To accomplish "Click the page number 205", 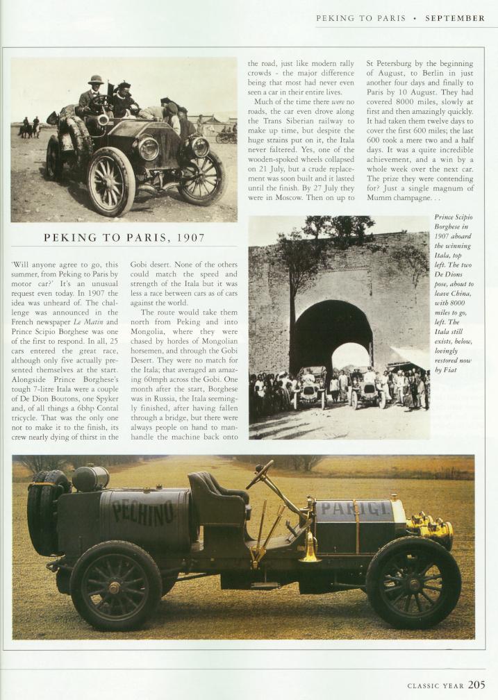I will [476, 684].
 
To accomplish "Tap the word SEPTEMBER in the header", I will [455, 19].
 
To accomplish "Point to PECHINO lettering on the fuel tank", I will [144, 514].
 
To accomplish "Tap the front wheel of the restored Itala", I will [414, 582].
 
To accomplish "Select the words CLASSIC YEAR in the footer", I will [435, 685].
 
